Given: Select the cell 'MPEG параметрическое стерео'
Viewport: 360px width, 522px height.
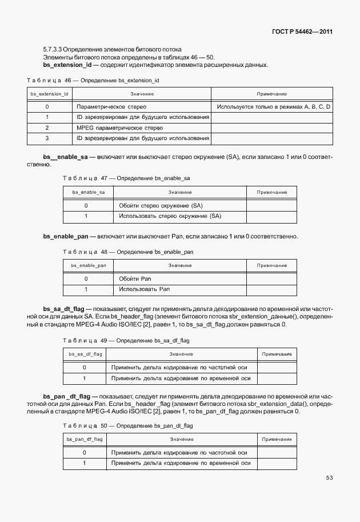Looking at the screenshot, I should click(x=119, y=128).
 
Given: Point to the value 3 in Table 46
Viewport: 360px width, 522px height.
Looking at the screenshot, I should click(x=47, y=138).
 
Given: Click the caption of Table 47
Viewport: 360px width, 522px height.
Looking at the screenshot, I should click(x=126, y=178).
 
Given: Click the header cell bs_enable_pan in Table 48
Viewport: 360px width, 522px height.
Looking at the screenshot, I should click(x=88, y=265).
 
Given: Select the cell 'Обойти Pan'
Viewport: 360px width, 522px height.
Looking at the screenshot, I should click(x=135, y=279).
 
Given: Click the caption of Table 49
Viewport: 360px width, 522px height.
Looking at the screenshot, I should click(x=126, y=340).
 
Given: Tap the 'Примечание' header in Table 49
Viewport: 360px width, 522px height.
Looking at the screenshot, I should click(x=277, y=354).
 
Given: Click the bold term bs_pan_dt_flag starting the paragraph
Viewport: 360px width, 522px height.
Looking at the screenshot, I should click(x=66, y=396).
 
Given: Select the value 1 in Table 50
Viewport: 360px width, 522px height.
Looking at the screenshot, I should click(x=84, y=463).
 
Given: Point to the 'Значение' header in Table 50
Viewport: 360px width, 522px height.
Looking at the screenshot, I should click(x=182, y=439).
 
